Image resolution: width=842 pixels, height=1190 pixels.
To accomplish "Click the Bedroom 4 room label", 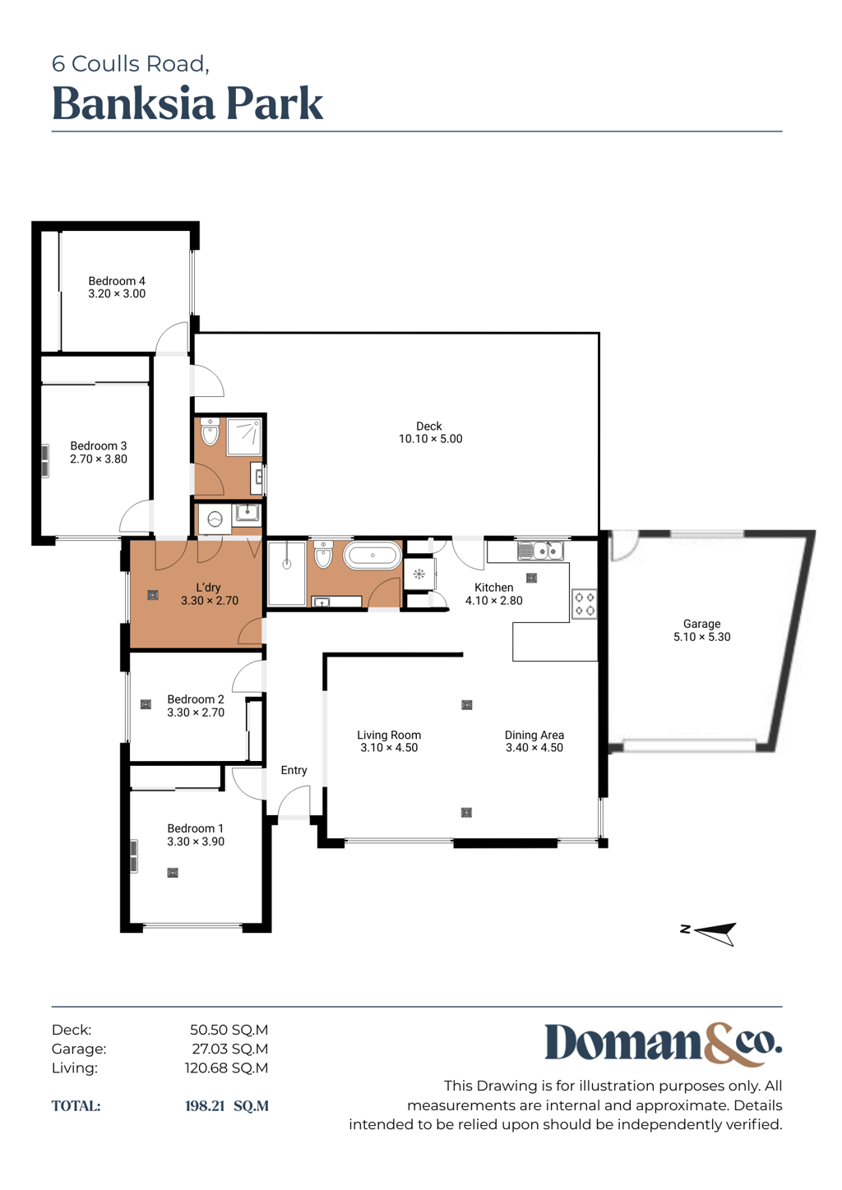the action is [117, 281].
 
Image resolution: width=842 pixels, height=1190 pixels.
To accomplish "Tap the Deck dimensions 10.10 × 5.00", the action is [431, 439].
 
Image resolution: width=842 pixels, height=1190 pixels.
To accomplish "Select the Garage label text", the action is [701, 624].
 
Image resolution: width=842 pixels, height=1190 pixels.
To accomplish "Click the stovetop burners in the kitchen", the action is [584, 604].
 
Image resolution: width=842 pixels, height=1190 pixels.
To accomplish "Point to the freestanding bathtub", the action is [372, 556].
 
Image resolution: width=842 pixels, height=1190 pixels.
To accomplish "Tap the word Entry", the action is [294, 770].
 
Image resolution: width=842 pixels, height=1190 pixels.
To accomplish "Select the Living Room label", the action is [389, 735].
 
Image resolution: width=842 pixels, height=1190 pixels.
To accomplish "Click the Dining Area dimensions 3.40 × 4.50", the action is [534, 748].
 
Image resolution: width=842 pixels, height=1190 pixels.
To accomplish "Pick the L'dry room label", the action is [208, 587].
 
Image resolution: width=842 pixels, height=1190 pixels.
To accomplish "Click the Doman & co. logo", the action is [664, 1045].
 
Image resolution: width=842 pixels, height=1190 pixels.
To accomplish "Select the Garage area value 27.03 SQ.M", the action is [230, 1049].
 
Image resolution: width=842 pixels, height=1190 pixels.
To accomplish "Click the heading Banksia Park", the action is [187, 104].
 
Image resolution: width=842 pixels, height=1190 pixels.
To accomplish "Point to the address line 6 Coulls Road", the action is [130, 64].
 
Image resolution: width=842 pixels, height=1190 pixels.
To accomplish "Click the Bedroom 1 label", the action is [195, 828].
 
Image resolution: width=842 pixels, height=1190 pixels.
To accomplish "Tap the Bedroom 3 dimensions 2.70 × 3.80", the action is [99, 459].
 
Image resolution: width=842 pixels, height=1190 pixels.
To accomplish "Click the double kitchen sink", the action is [540, 551].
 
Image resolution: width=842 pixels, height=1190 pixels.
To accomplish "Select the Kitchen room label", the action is [494, 587].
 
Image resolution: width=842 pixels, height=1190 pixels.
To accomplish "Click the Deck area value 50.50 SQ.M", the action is [229, 1030].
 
